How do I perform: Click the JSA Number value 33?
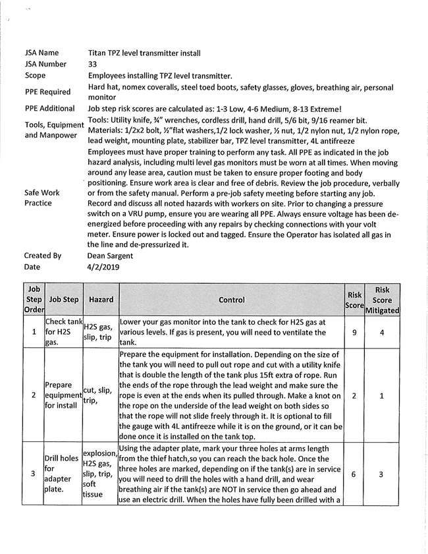[x=92, y=65]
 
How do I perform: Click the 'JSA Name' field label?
[x=41, y=53]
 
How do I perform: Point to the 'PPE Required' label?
[x=49, y=92]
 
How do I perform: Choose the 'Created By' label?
[x=43, y=256]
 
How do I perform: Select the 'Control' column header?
[x=231, y=300]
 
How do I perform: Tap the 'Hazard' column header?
[x=101, y=300]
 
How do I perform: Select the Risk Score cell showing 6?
[x=354, y=473]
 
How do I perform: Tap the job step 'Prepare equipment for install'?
[x=63, y=395]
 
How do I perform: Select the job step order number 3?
[x=34, y=473]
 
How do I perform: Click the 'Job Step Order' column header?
[x=34, y=300]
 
